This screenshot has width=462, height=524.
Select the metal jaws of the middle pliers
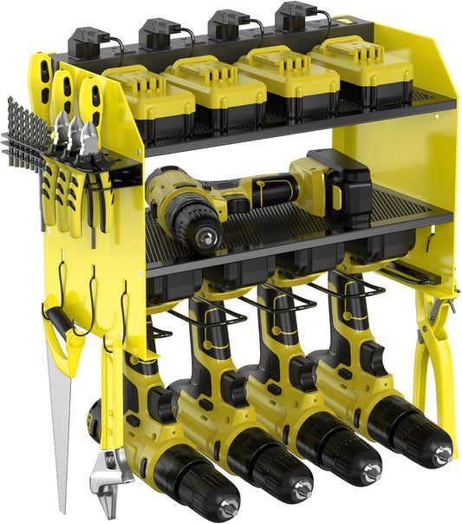coord(74,130)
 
